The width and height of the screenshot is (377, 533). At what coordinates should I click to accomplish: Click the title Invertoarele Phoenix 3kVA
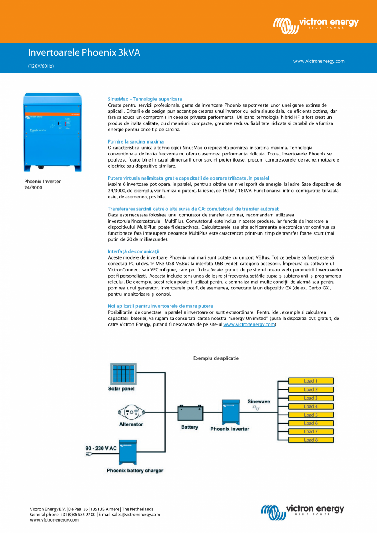[x=84, y=52]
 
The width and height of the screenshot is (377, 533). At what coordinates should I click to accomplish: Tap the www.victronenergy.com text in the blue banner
[x=318, y=61]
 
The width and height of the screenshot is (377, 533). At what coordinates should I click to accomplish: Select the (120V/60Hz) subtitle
[x=41, y=66]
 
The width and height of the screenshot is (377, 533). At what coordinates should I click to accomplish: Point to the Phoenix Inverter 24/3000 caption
[x=42, y=184]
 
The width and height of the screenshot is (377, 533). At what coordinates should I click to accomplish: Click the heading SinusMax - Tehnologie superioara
[x=145, y=99]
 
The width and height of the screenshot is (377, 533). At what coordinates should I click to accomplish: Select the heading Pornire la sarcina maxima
[x=135, y=141]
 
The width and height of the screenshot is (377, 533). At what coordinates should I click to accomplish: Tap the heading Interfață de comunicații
[x=133, y=251]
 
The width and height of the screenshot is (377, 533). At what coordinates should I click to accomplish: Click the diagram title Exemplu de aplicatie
[x=216, y=358]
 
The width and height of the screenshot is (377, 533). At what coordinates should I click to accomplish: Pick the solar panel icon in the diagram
[x=123, y=374]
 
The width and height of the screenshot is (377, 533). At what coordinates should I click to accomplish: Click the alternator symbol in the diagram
[x=131, y=411]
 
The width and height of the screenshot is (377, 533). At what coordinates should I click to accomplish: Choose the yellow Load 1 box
[x=311, y=381]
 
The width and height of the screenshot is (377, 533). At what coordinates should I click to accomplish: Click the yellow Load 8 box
[x=311, y=440]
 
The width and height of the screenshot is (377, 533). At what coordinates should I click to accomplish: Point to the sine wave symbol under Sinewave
[x=256, y=408]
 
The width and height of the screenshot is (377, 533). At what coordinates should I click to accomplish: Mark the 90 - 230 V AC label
[x=101, y=448]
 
